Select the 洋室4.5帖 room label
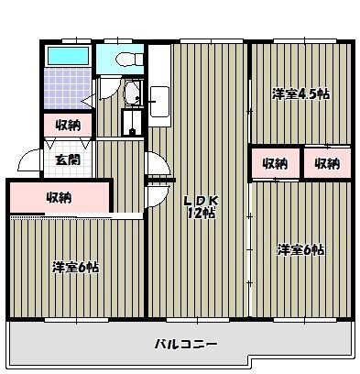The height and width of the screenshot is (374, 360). (300, 93)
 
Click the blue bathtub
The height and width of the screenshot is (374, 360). (67, 56)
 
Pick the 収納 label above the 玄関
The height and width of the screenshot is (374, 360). (66, 126)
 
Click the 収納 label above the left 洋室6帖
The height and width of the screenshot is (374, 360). (60, 197)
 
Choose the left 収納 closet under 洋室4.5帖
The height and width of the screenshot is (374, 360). (275, 164)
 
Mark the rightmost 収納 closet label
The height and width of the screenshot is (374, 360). (326, 164)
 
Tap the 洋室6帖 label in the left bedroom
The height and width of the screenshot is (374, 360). (75, 268)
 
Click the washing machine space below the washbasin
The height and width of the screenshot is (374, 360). (134, 124)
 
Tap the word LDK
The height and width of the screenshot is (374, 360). (200, 202)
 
